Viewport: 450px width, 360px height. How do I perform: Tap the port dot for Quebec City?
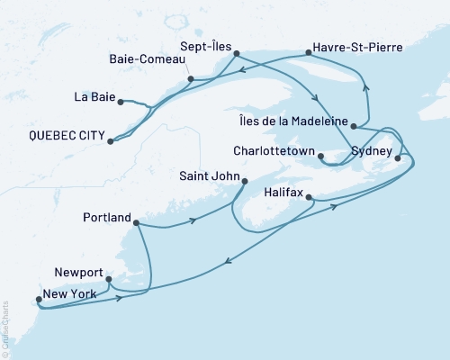pyautogui.click(x=110, y=139)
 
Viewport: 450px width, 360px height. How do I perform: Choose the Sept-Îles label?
pyautogui.click(x=203, y=41)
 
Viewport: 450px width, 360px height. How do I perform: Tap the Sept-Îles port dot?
pyautogui.click(x=236, y=54)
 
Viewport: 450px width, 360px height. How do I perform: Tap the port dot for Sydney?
pyautogui.click(x=398, y=159)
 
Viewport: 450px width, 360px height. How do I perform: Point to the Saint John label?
pyautogui.click(x=210, y=175)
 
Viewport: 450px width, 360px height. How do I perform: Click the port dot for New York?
pyautogui.click(x=38, y=300)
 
